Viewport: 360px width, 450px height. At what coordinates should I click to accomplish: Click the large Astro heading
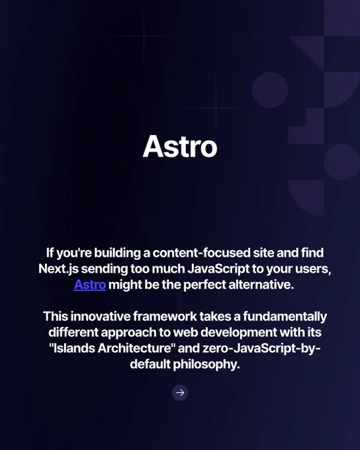coord(180,146)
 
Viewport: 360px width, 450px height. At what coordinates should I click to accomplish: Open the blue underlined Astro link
coord(90,285)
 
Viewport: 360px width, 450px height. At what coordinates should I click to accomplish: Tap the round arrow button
coord(180,392)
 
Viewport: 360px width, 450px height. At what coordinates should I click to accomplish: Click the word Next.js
coord(58,269)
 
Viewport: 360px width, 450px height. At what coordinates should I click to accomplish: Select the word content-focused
coord(202,253)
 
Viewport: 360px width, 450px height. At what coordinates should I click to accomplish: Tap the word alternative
coord(261,285)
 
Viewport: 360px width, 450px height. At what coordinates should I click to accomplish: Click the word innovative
coord(101,316)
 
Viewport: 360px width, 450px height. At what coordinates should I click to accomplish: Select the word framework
coord(165,316)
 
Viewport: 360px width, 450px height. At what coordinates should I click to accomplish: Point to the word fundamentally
coord(285,317)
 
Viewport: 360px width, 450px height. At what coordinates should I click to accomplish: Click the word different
coord(73,332)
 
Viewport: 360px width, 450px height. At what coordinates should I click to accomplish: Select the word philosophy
coord(206,365)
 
